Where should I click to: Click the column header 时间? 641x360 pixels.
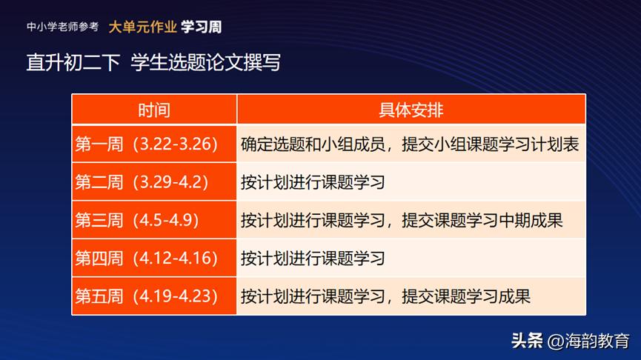154,110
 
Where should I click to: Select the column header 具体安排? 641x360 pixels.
411,110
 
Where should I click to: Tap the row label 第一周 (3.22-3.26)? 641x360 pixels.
147,144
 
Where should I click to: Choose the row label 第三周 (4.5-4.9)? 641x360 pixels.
137,221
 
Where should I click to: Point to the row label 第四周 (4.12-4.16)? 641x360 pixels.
147,259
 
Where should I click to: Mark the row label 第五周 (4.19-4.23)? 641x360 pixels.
147,297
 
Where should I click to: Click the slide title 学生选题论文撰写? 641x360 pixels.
205,62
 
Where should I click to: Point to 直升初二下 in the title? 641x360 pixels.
73,62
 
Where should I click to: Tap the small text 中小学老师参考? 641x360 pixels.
62,27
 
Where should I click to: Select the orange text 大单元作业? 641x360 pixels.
142,27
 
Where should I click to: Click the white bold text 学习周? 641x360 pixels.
201,27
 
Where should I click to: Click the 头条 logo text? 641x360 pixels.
527,341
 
